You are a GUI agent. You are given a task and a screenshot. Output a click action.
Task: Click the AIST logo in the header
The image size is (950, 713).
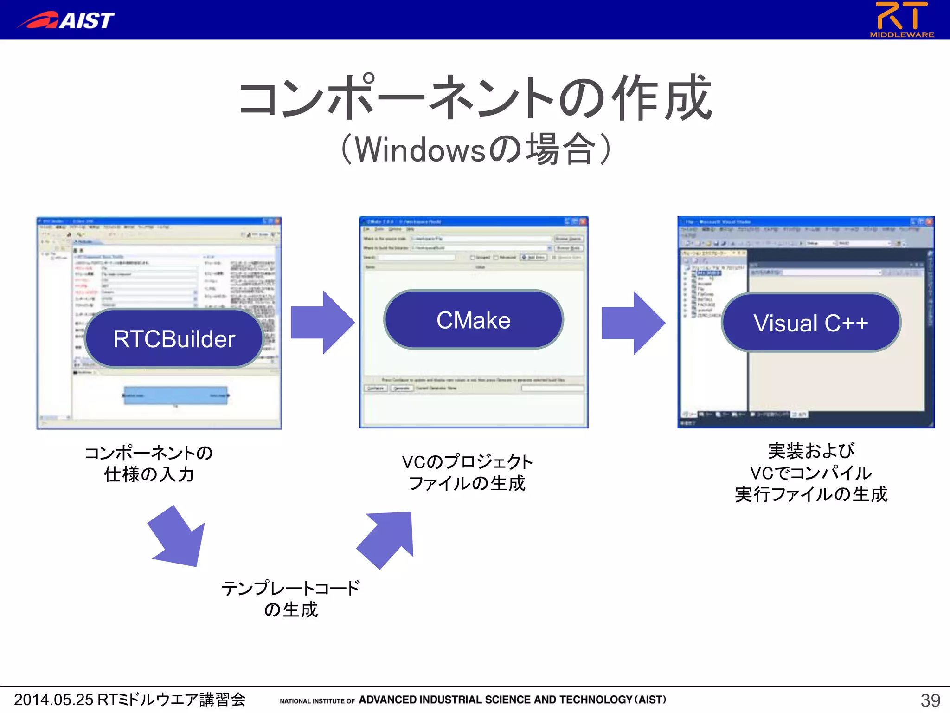point(67,19)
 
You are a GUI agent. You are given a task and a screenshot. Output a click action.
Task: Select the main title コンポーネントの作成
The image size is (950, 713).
point(475,97)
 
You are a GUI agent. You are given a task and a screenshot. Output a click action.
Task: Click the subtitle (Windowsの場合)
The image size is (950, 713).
point(475,149)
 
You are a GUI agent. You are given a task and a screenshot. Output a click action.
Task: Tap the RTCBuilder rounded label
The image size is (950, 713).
point(174,339)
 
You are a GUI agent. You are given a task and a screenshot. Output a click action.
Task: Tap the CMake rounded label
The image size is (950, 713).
point(474,320)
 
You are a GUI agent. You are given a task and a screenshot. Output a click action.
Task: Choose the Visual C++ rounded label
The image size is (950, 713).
point(810,323)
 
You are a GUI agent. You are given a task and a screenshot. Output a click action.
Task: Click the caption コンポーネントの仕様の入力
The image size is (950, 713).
point(148,463)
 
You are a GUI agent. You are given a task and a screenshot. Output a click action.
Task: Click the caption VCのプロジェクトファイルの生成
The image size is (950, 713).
point(467,473)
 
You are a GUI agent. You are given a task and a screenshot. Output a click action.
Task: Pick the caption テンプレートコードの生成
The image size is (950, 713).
point(291,599)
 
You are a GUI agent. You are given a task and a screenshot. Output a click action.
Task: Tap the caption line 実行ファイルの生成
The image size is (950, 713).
point(811,494)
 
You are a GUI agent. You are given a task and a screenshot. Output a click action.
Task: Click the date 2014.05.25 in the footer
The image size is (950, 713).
point(53,700)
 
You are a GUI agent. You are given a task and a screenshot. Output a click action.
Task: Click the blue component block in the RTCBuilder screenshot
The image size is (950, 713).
point(175,395)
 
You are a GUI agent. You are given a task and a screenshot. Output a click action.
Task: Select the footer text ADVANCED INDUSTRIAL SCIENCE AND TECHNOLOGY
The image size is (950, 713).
point(495,700)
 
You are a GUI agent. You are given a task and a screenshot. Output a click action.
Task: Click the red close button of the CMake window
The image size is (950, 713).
point(583,221)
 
